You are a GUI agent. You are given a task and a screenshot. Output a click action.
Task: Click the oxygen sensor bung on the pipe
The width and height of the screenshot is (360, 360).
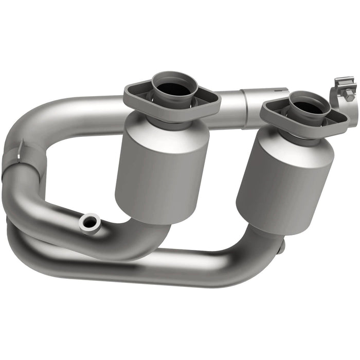[x=89, y=222]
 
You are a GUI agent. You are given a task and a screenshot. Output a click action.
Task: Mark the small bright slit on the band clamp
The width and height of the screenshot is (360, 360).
[x=19, y=149]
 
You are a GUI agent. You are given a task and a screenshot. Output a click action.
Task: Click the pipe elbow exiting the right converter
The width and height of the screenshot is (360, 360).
[x=257, y=242]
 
